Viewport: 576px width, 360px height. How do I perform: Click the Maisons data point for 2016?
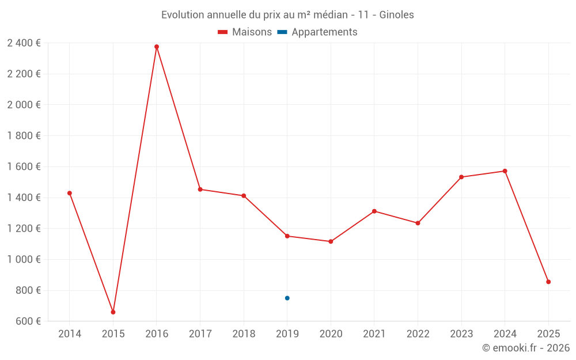point(157,47)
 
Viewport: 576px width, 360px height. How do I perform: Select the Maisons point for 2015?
point(113,312)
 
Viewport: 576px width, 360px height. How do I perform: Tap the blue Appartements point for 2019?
point(287,298)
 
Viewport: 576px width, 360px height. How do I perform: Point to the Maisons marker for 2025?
point(548,282)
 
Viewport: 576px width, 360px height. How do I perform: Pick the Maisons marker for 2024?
point(505,171)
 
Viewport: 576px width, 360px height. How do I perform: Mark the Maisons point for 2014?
point(70,193)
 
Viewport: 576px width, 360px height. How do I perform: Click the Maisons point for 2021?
point(374,211)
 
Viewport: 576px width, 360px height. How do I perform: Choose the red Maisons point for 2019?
point(287,236)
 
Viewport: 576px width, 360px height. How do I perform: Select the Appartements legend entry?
point(324,32)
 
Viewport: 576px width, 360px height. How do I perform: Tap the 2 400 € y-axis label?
point(24,43)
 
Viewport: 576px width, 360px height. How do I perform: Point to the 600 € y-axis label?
point(28,321)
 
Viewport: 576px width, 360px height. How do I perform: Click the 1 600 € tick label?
point(24,167)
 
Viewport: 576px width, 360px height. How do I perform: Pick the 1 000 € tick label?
point(24,260)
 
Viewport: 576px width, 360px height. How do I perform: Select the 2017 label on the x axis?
point(200,334)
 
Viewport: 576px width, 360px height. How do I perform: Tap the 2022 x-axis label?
point(418,334)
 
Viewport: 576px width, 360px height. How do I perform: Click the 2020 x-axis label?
point(331,334)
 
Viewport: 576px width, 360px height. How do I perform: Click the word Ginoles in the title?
point(396,15)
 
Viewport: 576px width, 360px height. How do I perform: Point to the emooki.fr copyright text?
point(526,348)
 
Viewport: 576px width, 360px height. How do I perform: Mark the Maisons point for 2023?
point(461,177)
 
